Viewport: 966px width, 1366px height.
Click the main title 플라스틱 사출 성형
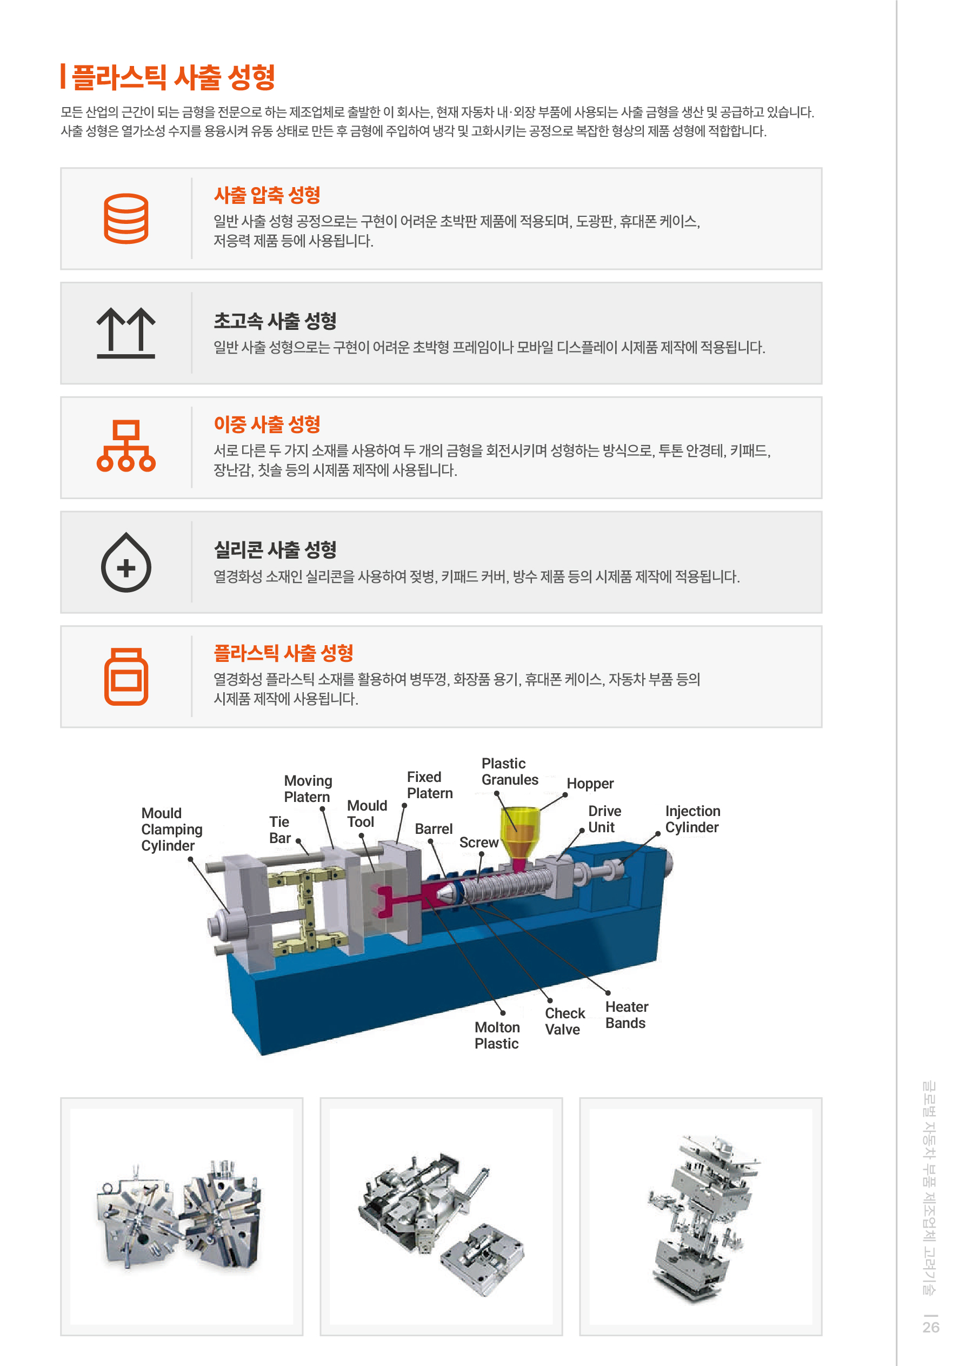[173, 77]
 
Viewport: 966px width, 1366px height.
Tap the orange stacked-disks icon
[126, 218]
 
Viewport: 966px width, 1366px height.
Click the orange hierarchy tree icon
[126, 446]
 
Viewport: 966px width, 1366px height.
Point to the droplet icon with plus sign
[126, 562]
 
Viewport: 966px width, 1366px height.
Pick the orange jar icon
[126, 677]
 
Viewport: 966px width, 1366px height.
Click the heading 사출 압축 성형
[267, 195]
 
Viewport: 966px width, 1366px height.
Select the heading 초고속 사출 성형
[275, 321]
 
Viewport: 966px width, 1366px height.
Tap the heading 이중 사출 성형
[267, 424]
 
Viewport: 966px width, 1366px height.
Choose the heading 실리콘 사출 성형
[275, 550]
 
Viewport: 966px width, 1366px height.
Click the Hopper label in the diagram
[590, 784]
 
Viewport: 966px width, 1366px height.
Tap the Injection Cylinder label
[692, 819]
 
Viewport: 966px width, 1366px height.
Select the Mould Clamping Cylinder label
[172, 830]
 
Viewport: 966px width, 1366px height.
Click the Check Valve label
[564, 1022]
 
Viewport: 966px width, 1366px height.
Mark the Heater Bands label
[627, 1015]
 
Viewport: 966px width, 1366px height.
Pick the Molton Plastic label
[497, 1035]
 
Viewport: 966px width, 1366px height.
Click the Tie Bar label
[279, 830]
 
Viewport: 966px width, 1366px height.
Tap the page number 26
[931, 1327]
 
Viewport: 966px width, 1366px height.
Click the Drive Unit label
[604, 819]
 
